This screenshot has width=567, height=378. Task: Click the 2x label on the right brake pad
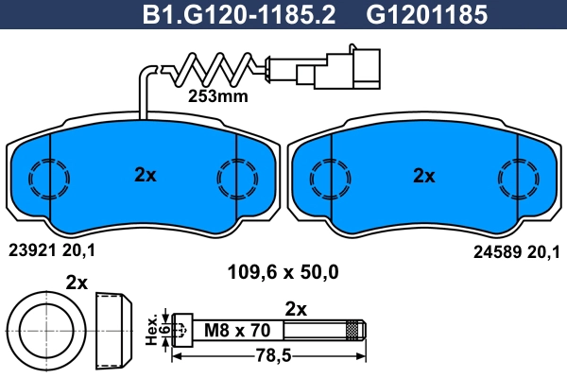424,175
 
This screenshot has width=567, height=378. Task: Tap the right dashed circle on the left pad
236,176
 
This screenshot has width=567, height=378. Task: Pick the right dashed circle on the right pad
517,176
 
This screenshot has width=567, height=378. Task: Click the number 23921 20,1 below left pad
52,250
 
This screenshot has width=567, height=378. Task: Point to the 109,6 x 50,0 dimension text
283,273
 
